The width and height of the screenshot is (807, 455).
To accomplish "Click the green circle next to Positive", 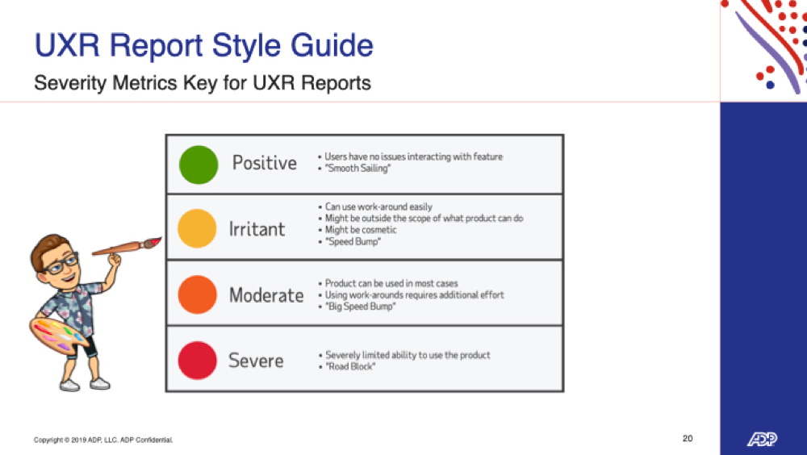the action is (x=199, y=165).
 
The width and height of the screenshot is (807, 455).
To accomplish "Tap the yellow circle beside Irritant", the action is (x=197, y=228).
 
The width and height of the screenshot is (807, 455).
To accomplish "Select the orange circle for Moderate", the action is (x=197, y=294).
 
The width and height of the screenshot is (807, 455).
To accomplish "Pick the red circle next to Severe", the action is (x=197, y=361).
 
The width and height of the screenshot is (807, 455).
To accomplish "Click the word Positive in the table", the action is (x=264, y=163).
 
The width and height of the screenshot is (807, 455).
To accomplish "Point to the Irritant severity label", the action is (x=257, y=228).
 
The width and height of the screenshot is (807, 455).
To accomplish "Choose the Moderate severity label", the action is (x=266, y=295).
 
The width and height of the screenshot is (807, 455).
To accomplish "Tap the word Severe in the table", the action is (x=256, y=361).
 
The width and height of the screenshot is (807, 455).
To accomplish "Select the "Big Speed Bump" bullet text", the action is (x=360, y=307).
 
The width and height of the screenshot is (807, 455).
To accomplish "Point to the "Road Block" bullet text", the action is (x=350, y=366).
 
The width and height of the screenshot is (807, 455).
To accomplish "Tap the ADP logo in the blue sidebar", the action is (x=763, y=439).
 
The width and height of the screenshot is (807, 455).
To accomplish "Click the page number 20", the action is (x=688, y=439).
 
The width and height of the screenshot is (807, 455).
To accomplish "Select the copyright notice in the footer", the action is (x=103, y=440).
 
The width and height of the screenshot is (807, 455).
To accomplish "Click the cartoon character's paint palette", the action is (x=56, y=336).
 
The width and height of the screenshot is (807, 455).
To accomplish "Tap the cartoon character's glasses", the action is (x=60, y=265).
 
